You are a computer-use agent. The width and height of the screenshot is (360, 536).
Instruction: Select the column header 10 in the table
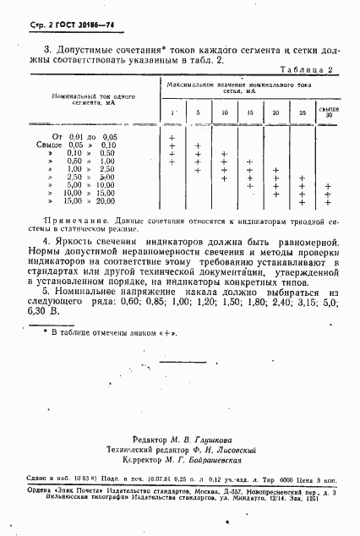pos(224,112)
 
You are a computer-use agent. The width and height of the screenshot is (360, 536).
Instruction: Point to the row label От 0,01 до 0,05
pos(85,136)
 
